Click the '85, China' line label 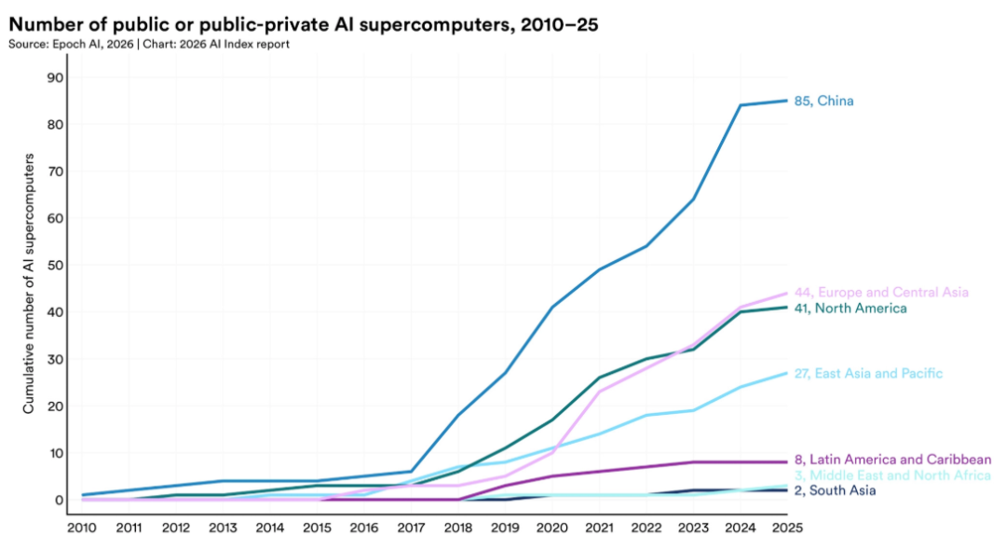823,101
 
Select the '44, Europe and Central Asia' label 881,292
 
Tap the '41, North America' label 850,308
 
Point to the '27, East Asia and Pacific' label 868,373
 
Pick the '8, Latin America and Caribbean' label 892,459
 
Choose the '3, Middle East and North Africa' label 892,475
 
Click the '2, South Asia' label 836,490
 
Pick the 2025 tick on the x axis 787,528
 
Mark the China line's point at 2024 741,105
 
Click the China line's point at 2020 553,307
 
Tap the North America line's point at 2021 600,378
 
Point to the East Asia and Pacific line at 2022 646,415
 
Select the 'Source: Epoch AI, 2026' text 63,45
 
